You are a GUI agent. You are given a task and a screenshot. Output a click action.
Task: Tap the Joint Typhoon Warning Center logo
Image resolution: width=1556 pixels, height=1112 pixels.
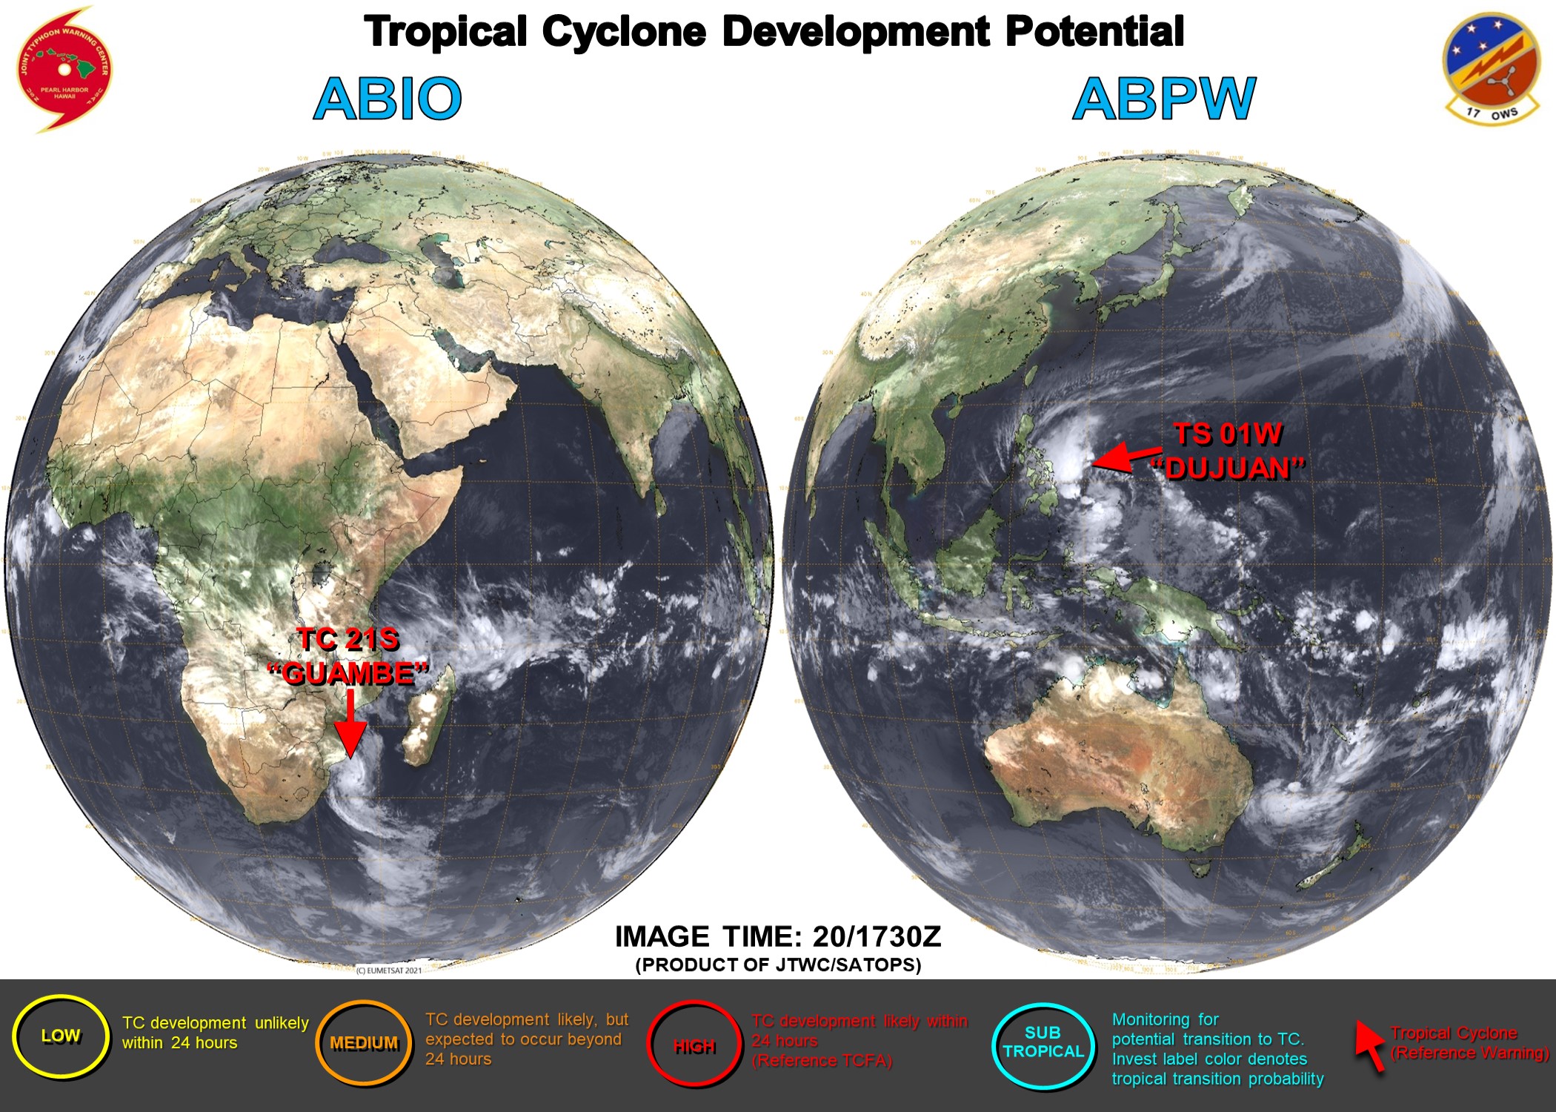click(x=64, y=69)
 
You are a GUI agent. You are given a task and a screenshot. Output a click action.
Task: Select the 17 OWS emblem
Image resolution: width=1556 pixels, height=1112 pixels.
click(x=1491, y=69)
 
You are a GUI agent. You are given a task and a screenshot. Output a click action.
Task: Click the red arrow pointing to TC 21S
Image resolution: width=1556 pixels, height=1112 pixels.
click(x=350, y=723)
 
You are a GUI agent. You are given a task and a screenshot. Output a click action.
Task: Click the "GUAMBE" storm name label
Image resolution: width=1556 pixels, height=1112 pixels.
click(x=348, y=674)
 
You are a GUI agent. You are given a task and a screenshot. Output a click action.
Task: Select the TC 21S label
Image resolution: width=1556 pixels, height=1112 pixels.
click(x=348, y=639)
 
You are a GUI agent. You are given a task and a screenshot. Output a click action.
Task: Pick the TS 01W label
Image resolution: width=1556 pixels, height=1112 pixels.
click(x=1228, y=434)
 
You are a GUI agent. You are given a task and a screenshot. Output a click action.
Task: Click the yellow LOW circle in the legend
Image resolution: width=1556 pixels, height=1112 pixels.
click(x=61, y=1036)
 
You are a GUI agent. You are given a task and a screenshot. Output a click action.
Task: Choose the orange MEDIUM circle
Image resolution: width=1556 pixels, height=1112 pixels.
click(x=364, y=1043)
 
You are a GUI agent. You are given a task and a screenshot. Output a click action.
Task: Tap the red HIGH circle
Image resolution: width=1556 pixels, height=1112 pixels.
click(x=694, y=1045)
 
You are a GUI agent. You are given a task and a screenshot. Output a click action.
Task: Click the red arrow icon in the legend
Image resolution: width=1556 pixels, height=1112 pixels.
click(x=1370, y=1045)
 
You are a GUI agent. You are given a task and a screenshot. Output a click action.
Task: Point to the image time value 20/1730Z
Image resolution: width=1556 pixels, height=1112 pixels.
click(x=877, y=937)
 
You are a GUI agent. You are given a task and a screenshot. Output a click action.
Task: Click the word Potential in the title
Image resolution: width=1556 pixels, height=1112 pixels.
click(x=1094, y=32)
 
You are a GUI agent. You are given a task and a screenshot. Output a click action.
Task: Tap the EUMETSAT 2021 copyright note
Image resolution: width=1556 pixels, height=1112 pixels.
click(x=389, y=970)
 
